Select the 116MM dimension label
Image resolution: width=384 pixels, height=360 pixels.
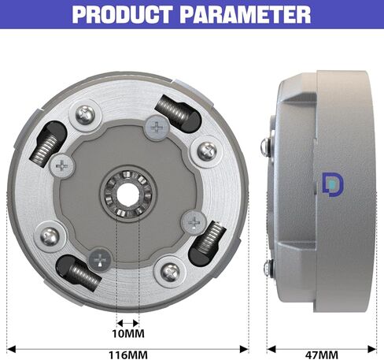[127, 354]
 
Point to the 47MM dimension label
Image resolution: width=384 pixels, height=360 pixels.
[324, 354]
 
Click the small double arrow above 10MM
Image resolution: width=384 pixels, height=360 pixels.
[127, 322]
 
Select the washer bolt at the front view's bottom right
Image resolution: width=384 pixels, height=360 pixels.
[168, 273]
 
